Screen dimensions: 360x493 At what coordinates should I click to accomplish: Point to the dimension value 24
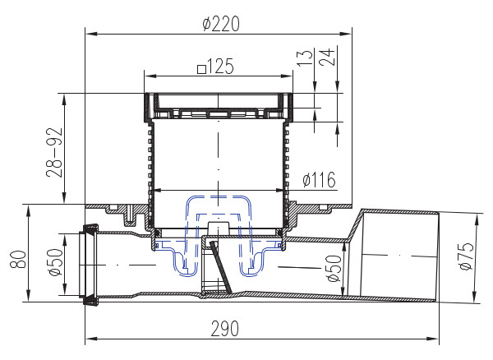[x=327, y=58]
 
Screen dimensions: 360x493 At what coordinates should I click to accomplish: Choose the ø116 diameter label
[x=319, y=180]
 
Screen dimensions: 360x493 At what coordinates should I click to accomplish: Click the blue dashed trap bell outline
[x=218, y=202]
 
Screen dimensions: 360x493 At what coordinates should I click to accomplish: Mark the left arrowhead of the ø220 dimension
[x=91, y=34]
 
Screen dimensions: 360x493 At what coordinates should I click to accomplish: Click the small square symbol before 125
[x=202, y=67]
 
